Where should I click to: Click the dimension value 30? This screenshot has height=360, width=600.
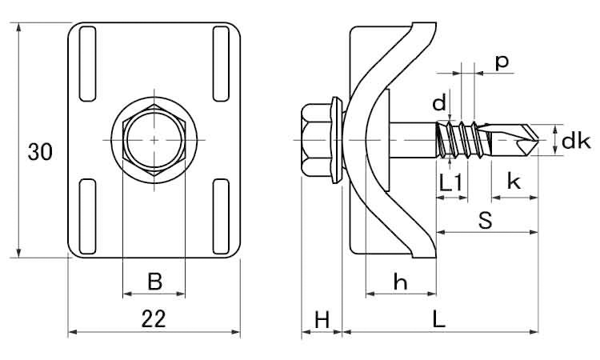[x=40, y=152]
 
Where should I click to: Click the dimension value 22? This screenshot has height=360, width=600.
[x=154, y=319]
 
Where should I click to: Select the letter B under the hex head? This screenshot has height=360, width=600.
[x=154, y=282]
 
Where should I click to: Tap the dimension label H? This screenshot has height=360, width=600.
[x=322, y=320]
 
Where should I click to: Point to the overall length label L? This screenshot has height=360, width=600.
[x=439, y=319]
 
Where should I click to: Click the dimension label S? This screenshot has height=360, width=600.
[x=486, y=220]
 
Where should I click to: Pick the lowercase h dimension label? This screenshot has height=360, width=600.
[x=400, y=282]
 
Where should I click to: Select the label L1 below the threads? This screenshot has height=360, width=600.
[x=450, y=183]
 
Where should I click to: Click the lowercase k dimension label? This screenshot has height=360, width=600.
[x=514, y=181]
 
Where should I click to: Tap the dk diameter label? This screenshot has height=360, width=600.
[x=576, y=141]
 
